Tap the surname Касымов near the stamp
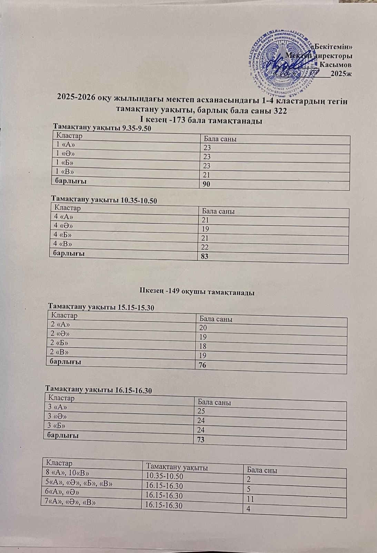coord(336,65)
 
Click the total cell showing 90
coord(207,184)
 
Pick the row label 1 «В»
coord(65,171)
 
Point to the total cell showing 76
coord(201,365)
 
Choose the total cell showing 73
coord(200,440)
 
